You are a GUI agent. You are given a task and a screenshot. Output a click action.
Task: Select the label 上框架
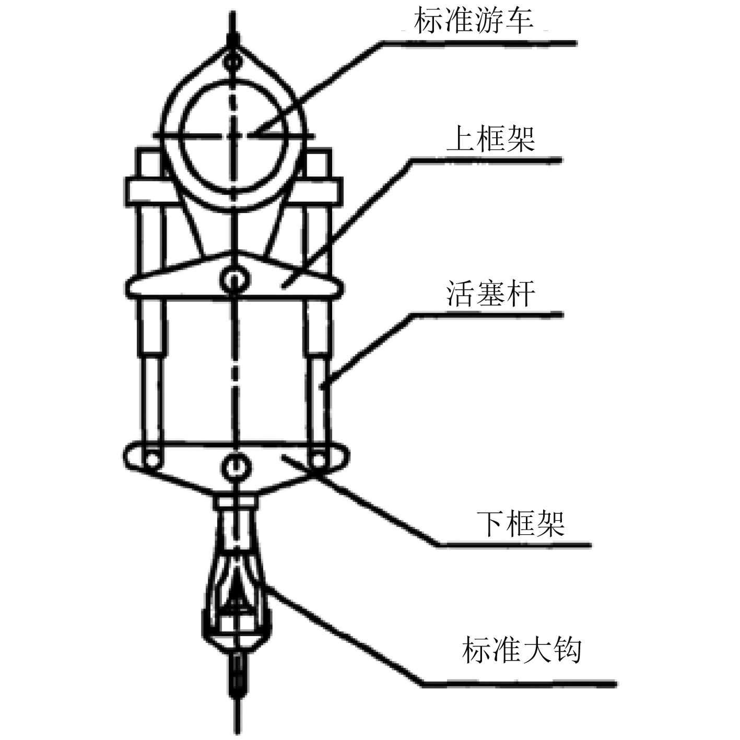click(x=491, y=139)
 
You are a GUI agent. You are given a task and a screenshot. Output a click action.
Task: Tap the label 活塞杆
click(x=491, y=293)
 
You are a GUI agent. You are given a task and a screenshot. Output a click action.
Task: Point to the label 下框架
click(x=521, y=523)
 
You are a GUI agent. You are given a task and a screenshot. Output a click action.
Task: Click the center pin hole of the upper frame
click(x=233, y=281)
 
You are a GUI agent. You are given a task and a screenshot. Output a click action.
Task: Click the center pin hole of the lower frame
click(x=234, y=465)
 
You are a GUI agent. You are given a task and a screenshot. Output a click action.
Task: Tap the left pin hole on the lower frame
click(x=152, y=459)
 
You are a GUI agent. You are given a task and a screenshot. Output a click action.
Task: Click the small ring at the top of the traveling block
click(x=232, y=62)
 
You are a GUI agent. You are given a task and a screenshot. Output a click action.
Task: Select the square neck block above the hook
click(x=237, y=503)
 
